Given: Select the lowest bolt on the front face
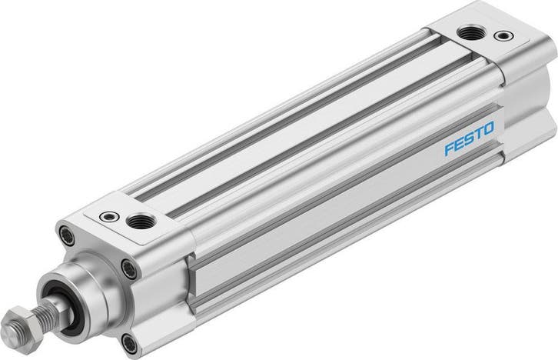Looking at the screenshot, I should [128, 342].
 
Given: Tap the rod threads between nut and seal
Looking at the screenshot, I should [50, 307].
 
